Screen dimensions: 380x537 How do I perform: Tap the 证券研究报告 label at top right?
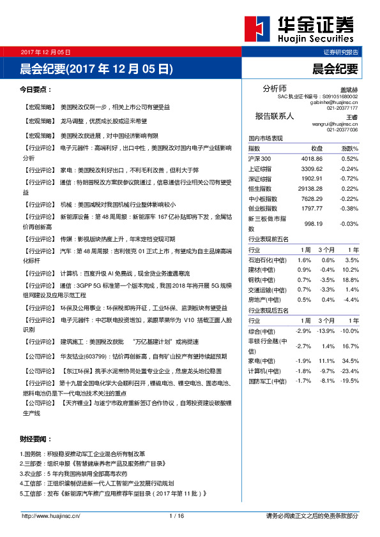click(x=341, y=52)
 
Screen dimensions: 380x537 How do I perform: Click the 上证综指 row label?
click(x=260, y=168)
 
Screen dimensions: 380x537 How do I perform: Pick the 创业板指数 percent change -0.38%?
click(x=349, y=208)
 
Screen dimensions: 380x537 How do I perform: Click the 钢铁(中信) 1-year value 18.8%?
click(x=351, y=279)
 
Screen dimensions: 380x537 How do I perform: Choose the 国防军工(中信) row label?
click(x=268, y=381)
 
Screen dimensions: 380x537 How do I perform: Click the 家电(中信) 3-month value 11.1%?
click(x=328, y=360)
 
